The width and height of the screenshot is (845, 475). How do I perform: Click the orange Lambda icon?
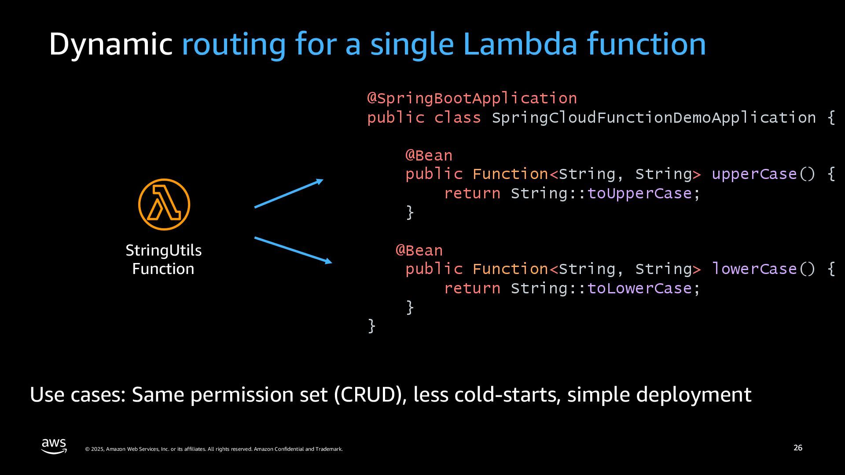(164, 205)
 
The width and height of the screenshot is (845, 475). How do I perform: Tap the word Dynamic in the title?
(110, 44)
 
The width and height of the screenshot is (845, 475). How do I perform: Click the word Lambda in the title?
(520, 44)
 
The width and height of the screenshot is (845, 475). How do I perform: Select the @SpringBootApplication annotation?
(472, 98)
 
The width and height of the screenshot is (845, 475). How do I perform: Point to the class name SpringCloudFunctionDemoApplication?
(654, 117)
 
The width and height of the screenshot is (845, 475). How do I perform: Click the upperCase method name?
(754, 174)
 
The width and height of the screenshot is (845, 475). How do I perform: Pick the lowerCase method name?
(754, 269)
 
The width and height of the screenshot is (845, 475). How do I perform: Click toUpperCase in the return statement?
(639, 194)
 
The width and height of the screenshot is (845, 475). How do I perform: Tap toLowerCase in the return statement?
(639, 289)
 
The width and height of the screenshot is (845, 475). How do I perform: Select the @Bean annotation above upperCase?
(429, 155)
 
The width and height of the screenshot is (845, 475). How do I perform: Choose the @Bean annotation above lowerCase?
(419, 250)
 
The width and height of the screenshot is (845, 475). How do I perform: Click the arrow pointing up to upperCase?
(289, 194)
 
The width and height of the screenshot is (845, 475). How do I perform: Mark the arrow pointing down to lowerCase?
(293, 250)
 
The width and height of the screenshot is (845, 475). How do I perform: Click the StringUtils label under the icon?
(163, 250)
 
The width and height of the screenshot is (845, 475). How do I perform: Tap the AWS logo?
(54, 446)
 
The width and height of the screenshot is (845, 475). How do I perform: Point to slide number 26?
(797, 448)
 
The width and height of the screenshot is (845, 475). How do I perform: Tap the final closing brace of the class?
(371, 326)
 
